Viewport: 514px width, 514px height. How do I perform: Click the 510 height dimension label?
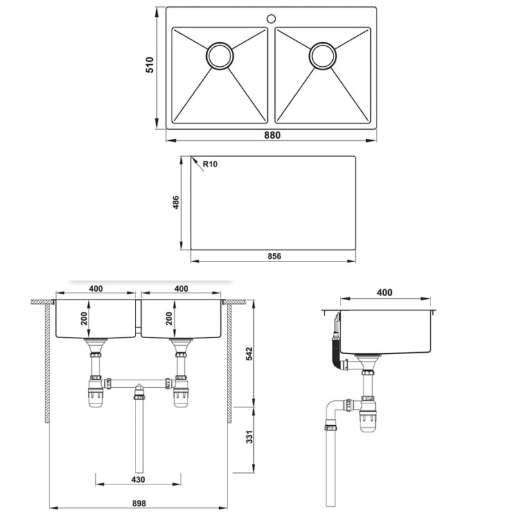pos(149,65)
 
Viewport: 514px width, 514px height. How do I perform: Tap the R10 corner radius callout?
pos(210,164)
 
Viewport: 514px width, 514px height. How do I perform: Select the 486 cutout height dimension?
pos(175,202)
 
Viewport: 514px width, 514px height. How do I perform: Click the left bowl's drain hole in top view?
pos(220,55)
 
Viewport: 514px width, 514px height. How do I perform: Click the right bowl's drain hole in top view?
pos(323,55)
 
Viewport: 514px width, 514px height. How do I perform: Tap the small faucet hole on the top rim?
pos(270,18)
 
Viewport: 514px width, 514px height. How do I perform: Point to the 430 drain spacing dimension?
pos(138,480)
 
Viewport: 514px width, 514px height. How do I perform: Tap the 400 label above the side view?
pos(384,292)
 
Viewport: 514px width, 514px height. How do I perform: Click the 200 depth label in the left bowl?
pos(84,319)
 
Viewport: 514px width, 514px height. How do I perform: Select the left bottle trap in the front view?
pos(96,392)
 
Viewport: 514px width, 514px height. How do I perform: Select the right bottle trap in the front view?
pos(181,392)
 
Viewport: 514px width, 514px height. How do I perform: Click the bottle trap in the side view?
pos(368,414)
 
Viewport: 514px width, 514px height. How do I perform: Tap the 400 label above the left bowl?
pos(95,288)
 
